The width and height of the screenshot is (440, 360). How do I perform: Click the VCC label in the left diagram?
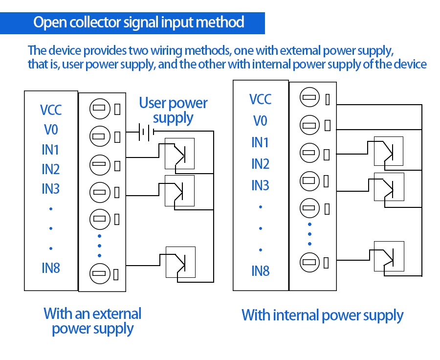pos(51,110)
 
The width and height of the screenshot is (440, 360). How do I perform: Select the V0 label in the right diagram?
pos(260,120)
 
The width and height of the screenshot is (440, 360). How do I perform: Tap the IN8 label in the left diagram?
pos(51,268)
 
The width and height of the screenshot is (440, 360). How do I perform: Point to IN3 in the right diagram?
pos(260,185)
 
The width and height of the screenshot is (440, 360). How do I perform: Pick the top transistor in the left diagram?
pos(179,153)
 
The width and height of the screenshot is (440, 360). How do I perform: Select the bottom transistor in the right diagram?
pos(389,256)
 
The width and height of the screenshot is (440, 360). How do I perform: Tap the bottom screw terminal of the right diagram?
pos(308,261)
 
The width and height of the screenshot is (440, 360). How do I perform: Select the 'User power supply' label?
pos(173,111)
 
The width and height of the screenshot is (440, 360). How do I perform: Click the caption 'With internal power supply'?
pos(322,315)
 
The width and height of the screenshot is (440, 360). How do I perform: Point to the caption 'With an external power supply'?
pos(92,321)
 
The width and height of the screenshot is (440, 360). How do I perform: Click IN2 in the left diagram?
pos(51,169)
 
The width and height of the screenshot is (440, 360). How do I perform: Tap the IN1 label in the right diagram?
pos(260,142)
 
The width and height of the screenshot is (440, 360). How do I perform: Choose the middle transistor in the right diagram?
pos(389,186)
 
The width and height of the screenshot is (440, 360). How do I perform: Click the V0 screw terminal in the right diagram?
pos(308,125)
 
